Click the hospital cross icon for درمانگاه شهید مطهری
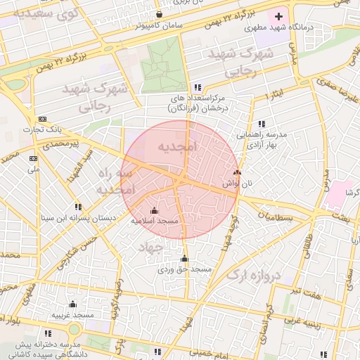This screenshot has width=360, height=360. coord(278,15)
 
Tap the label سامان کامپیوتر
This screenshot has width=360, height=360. coord(161,26)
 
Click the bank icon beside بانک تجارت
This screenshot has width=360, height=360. coord(43,119)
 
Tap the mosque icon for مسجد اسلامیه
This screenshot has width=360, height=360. coord(155,210)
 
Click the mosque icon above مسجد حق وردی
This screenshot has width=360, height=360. coord(185,258)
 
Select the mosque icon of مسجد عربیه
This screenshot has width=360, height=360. coord(73,304)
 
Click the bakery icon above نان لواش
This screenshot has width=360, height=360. coord(236,172)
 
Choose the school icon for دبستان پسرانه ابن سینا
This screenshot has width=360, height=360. coord(78,207)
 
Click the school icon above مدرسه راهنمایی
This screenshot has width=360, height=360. coord(262,124)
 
